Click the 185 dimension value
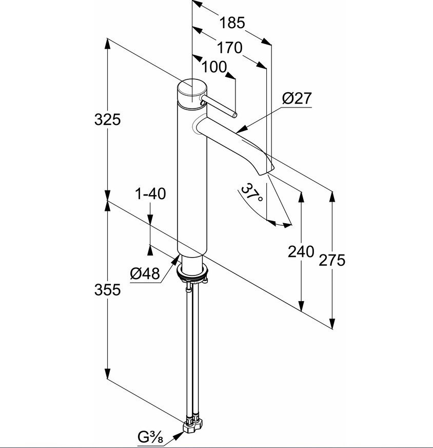[232, 23]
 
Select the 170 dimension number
[230, 48]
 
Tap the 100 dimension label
[214, 67]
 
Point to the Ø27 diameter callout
[297, 98]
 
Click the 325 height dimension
[107, 119]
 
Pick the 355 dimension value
[107, 290]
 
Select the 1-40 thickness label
[150, 194]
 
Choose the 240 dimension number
[301, 252]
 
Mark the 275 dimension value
[332, 260]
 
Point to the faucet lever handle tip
[235, 115]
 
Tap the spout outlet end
[266, 171]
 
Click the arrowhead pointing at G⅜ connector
[179, 434]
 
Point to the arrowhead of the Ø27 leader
[241, 130]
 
